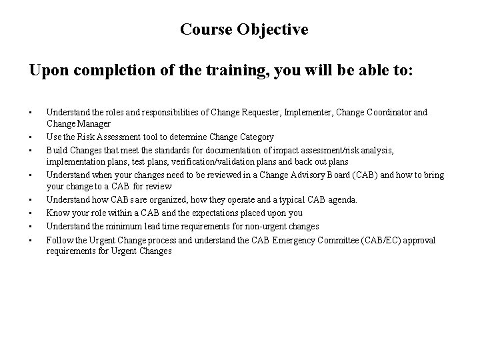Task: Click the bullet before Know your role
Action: click(x=31, y=213)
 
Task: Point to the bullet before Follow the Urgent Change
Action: click(x=31, y=239)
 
